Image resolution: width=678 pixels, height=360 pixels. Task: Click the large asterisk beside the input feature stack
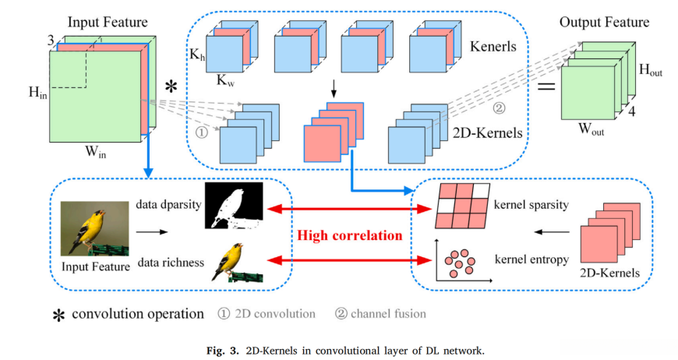pos(171,84)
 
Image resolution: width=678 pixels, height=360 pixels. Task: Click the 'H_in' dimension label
pos(36,94)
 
